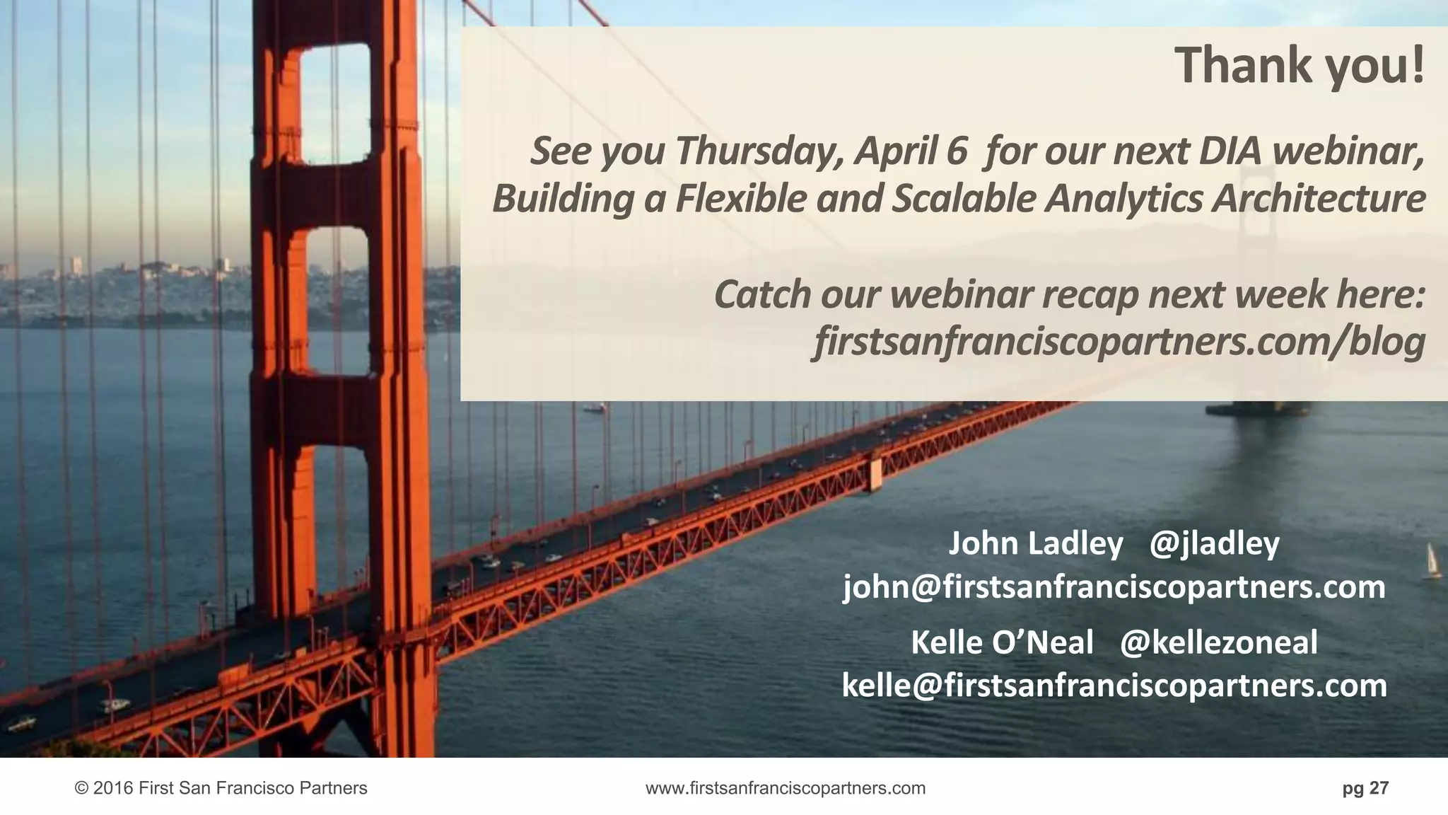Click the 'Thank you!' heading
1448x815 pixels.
coord(1300,66)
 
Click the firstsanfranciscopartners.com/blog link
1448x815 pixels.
coord(1119,342)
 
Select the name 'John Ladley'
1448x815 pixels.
coord(1035,543)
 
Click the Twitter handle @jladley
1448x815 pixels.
coord(1214,543)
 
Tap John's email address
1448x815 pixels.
coord(1114,587)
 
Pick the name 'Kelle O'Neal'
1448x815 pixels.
coord(1002,642)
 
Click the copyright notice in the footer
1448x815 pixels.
coord(221,788)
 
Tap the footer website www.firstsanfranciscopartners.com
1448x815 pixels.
coord(786,788)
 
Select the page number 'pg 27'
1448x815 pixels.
coord(1365,788)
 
